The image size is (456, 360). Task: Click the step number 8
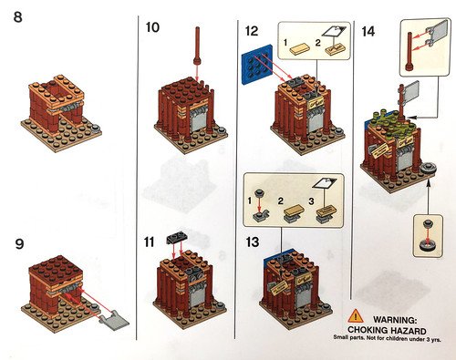point(17,16)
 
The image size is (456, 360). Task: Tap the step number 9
point(19,244)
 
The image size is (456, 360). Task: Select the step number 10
point(152,27)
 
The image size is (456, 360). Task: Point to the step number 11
point(150,242)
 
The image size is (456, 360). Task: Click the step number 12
point(252,31)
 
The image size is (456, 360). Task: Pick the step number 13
point(253,242)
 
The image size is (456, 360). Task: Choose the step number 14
point(368,32)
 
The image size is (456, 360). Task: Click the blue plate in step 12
point(257,64)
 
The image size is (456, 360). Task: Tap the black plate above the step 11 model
point(177,239)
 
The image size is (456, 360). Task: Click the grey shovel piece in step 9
point(115,319)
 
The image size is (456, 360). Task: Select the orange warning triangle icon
point(356,316)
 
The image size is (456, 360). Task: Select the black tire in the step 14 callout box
point(429,245)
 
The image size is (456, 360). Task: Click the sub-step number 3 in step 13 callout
point(311,201)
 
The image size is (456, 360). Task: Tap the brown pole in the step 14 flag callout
point(409,51)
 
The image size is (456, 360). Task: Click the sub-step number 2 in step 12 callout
point(317,43)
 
